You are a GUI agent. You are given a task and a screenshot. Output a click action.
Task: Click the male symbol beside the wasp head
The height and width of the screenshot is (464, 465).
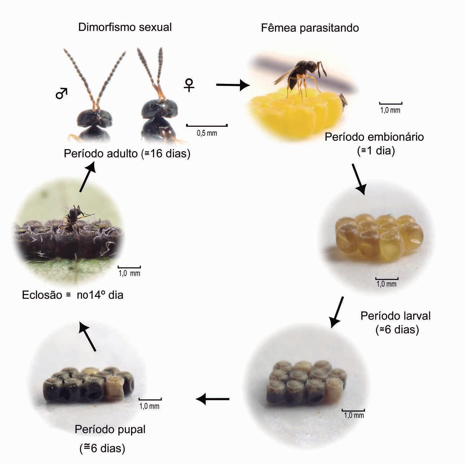(x=61, y=93)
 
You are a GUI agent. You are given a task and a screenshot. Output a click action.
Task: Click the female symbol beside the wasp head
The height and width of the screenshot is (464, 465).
(x=189, y=85)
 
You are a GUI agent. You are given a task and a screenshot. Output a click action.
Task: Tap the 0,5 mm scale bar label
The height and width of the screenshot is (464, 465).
(x=207, y=133)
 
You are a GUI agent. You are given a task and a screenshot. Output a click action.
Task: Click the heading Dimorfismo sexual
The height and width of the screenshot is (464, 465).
(x=125, y=27)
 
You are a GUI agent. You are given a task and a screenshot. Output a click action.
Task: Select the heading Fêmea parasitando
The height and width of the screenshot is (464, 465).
(x=310, y=28)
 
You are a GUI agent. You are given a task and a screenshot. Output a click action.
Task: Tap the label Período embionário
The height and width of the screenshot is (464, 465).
(x=374, y=137)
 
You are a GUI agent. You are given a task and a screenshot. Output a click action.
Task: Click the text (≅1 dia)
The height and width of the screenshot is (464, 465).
(x=376, y=151)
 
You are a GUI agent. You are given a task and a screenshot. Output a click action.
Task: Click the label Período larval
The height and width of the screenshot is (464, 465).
(x=395, y=316)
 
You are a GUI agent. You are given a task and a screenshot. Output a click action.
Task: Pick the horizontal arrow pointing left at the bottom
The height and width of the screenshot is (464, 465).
(x=213, y=399)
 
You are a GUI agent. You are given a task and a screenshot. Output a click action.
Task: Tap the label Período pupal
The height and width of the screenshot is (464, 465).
(x=110, y=429)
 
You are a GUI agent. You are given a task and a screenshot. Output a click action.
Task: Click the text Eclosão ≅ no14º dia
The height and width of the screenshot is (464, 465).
(x=73, y=295)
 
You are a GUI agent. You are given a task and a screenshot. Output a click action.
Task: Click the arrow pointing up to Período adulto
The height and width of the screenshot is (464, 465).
(x=87, y=178)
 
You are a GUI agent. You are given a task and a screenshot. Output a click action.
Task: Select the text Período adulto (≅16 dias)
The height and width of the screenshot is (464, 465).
(x=127, y=154)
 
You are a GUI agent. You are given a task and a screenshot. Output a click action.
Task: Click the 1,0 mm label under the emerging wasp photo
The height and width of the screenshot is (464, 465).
(x=129, y=273)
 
